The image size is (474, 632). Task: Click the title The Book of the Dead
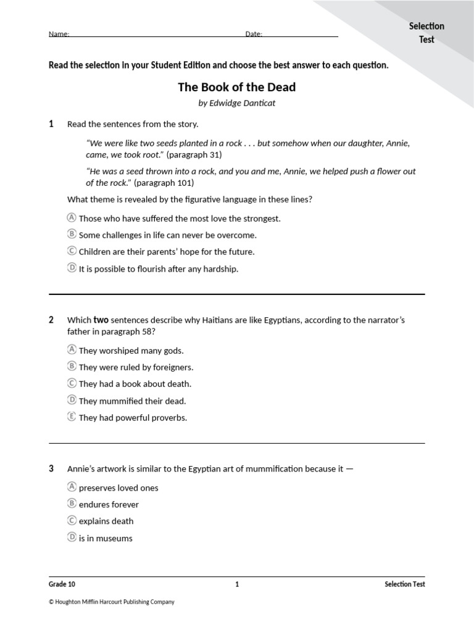click(236, 87)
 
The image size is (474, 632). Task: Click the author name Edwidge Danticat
click(236, 103)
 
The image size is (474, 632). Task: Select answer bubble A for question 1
click(72, 218)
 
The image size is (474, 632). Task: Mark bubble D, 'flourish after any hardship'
click(72, 268)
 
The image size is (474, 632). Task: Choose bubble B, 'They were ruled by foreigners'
click(72, 367)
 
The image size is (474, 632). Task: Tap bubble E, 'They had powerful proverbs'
click(72, 417)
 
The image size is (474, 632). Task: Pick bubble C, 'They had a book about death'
click(72, 383)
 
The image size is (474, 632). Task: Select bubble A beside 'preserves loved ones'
click(72, 487)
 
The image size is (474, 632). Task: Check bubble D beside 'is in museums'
click(72, 538)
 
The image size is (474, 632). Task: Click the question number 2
click(51, 320)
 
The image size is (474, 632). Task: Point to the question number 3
click(51, 468)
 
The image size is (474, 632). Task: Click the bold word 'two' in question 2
click(101, 320)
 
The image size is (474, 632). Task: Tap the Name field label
click(59, 35)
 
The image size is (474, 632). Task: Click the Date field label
click(254, 35)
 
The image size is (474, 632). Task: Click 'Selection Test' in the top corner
click(426, 33)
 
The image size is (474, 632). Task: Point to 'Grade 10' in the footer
click(62, 584)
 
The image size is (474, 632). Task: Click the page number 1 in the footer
click(237, 584)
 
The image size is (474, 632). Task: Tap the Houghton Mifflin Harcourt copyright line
click(112, 602)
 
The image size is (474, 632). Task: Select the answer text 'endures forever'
click(109, 504)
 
